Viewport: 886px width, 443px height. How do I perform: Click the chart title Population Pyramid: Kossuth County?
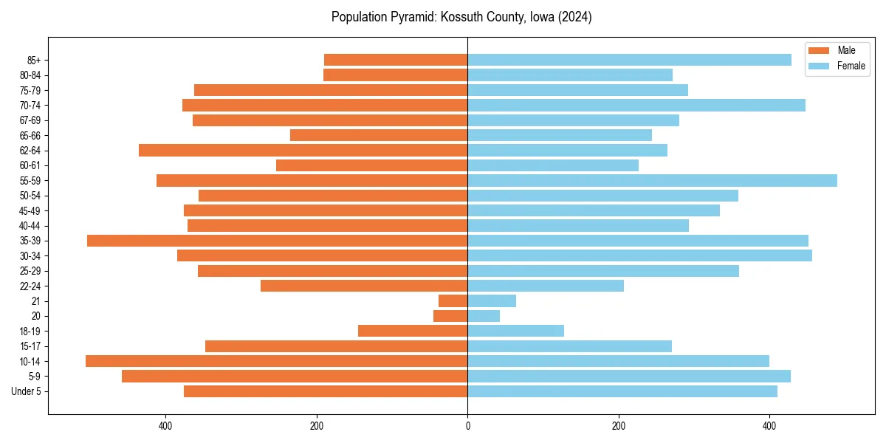[461, 17]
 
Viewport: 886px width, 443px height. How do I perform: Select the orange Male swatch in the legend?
[820, 50]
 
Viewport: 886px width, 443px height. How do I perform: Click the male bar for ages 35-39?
[277, 241]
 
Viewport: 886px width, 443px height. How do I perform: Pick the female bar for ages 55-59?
[652, 180]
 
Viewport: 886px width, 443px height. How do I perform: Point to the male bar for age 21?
[453, 301]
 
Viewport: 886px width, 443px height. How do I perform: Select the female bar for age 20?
[484, 316]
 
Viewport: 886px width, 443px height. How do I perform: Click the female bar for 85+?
[629, 60]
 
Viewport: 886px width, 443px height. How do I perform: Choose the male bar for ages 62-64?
[303, 150]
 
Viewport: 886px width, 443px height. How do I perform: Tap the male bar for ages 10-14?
[276, 361]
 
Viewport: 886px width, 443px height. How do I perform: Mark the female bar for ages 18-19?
[515, 331]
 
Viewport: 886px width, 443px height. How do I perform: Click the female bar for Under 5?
[622, 391]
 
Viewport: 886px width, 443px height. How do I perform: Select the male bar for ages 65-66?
[379, 135]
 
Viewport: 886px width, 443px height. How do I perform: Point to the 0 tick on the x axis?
[467, 426]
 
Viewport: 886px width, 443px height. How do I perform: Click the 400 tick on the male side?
[165, 426]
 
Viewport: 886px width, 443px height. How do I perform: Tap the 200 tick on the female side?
[619, 426]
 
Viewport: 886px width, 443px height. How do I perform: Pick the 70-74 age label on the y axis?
[30, 105]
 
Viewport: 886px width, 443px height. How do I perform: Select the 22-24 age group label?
[30, 286]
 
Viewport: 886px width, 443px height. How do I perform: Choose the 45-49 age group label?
[30, 210]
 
